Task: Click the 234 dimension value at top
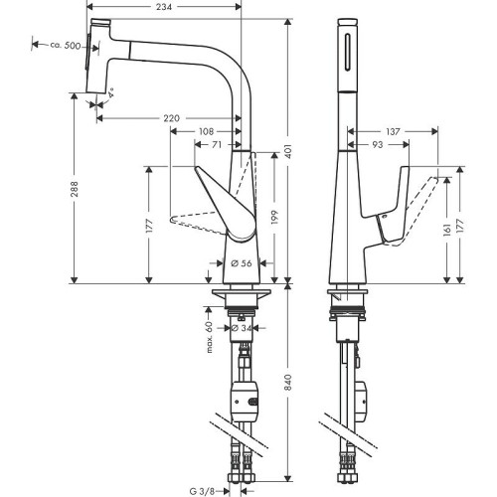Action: (x=164, y=6)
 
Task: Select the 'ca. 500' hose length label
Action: (x=66, y=45)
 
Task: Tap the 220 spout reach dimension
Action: (x=172, y=118)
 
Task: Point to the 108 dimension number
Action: (x=206, y=131)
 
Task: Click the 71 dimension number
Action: (x=216, y=145)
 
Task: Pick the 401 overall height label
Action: (x=288, y=151)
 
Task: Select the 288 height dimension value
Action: (x=75, y=189)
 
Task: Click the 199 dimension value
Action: (x=274, y=218)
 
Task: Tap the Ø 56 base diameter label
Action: (x=241, y=263)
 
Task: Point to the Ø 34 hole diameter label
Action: (x=241, y=328)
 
